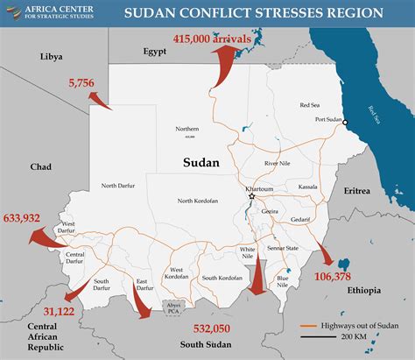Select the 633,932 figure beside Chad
tap(24, 216)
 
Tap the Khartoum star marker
tap(252, 196)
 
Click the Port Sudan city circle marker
tap(346, 122)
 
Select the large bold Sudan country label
tap(200, 163)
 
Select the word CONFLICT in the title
tap(222, 13)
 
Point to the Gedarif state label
tap(300, 218)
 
